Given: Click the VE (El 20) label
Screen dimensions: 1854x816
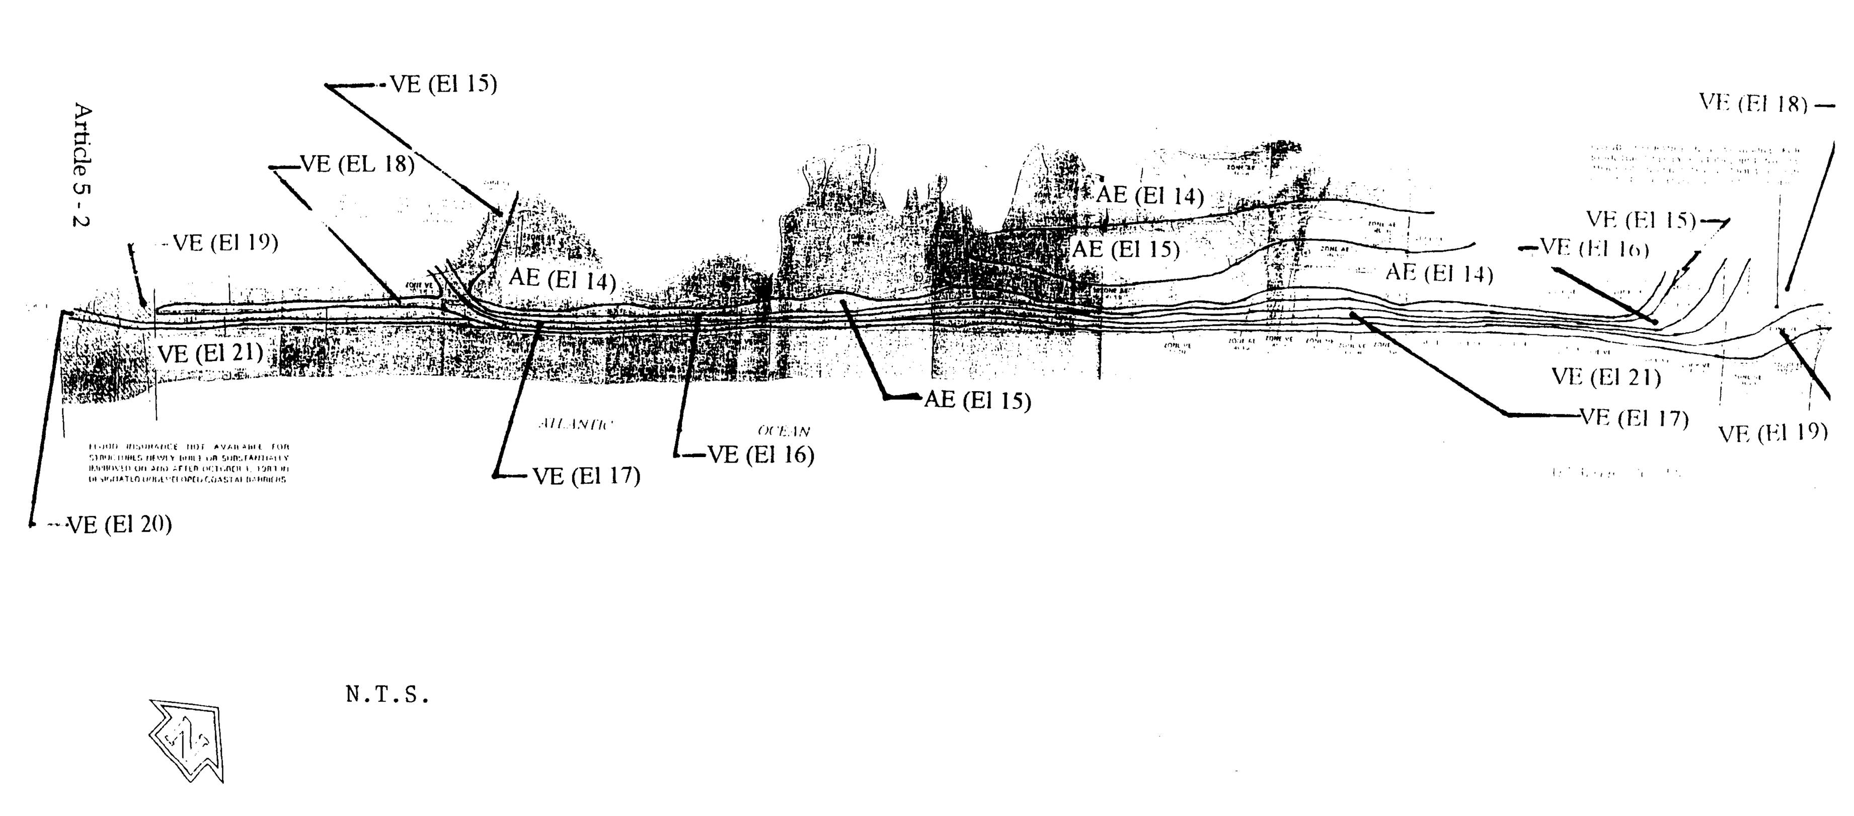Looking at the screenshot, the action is click(119, 525).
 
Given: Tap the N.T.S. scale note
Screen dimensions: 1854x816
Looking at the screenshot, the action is click(387, 695).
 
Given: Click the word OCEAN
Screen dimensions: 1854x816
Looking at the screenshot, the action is click(784, 431).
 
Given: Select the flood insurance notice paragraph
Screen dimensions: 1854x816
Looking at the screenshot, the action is click(189, 463).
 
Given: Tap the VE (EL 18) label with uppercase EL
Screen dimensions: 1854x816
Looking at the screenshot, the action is click(357, 165).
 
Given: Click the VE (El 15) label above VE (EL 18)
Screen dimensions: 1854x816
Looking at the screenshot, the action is click(443, 84).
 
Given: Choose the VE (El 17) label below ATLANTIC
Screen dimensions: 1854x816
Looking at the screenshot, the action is click(586, 476).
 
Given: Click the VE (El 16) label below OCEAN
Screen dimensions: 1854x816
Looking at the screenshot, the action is click(761, 455).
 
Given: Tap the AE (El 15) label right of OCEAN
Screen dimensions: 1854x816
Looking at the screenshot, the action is click(977, 400).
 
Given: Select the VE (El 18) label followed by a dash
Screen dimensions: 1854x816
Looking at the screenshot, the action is click(1753, 104).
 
